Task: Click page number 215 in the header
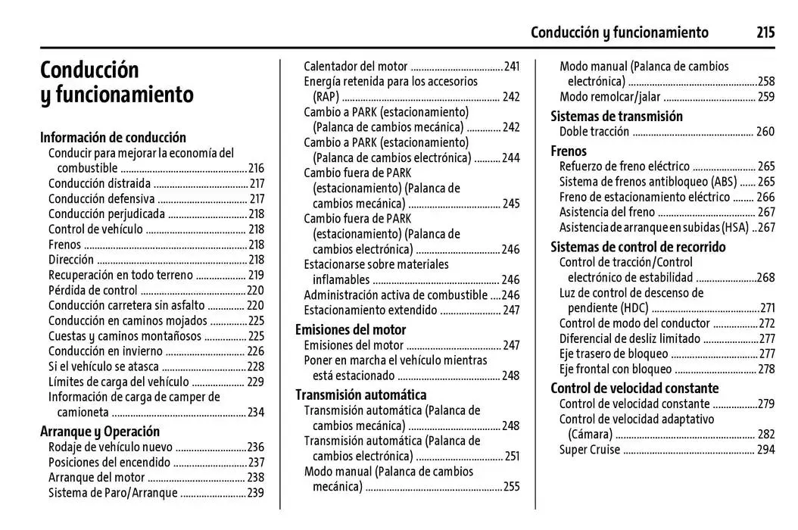765,32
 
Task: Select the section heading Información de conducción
113,137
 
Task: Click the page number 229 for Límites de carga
256,382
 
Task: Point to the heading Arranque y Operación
100,432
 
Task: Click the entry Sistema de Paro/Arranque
113,493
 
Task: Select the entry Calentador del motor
355,66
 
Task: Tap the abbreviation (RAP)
326,96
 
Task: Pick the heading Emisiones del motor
351,329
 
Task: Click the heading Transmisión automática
360,394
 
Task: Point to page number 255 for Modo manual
511,487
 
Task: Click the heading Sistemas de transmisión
616,116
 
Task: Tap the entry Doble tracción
594,132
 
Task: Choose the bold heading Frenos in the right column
569,151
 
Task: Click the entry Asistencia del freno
606,212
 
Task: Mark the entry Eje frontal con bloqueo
615,369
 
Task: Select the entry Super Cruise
589,450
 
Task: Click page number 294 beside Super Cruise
765,450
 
